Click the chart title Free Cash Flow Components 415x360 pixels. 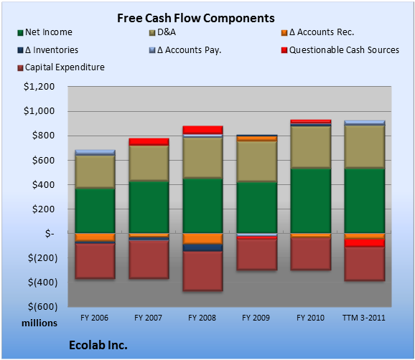(x=196, y=18)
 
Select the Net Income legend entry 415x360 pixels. (x=45, y=32)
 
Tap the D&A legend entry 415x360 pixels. (x=162, y=32)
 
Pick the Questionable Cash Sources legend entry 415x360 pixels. (x=340, y=50)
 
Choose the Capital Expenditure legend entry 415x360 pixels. (x=61, y=67)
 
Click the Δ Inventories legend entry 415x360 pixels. (x=48, y=50)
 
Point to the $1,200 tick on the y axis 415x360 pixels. (x=39, y=87)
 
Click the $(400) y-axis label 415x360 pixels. (x=43, y=283)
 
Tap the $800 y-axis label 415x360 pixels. (x=43, y=136)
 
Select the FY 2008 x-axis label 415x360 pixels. (x=202, y=318)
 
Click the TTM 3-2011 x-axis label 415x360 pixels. (x=364, y=318)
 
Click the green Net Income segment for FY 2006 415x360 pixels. (x=95, y=211)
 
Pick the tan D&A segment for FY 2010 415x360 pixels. (x=311, y=147)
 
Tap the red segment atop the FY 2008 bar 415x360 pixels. (x=202, y=130)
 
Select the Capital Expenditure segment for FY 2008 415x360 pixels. (x=202, y=271)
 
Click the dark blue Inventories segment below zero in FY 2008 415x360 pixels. (x=202, y=247)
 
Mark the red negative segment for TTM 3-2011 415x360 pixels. (x=365, y=243)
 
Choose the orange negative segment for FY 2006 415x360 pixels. (x=95, y=237)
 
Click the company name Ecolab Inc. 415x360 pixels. (x=98, y=345)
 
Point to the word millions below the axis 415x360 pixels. (x=39, y=323)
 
